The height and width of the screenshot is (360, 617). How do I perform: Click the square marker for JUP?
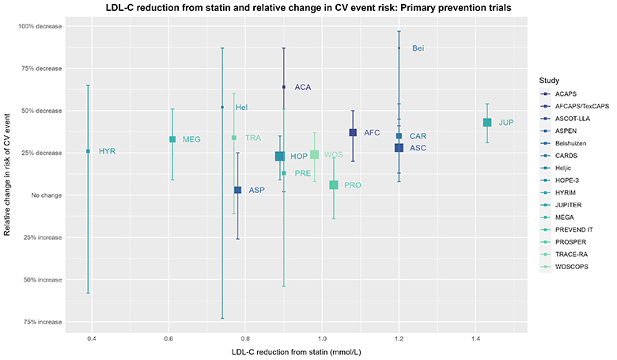pos(487,122)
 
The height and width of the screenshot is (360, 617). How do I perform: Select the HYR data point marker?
pos(88,151)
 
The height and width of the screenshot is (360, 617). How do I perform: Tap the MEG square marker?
pos(172,139)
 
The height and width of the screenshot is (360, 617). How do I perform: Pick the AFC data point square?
pos(353,132)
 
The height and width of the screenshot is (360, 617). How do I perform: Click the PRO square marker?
pos(334,184)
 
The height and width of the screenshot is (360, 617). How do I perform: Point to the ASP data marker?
pos(237,190)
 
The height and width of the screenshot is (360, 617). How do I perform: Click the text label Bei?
pos(418,48)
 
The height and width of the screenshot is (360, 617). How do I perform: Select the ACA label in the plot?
pos(302,87)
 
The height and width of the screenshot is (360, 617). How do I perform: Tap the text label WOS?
pos(333,154)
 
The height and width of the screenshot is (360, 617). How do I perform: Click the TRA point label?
pos(252,138)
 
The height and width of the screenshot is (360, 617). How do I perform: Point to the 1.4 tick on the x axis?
pos(475,339)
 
